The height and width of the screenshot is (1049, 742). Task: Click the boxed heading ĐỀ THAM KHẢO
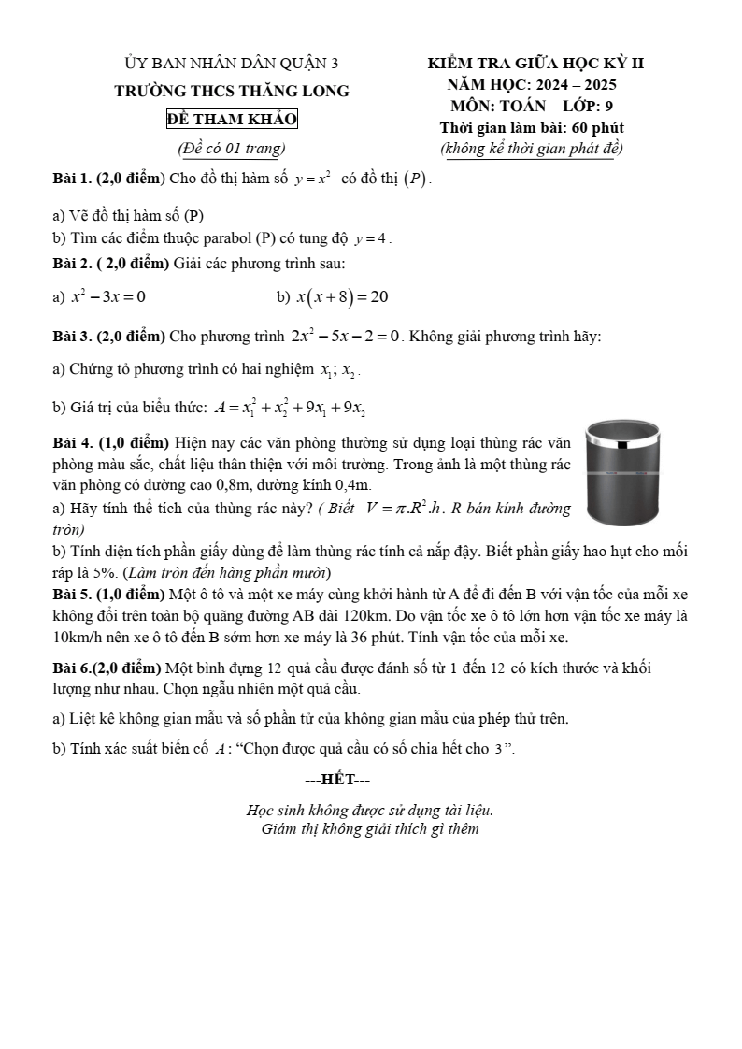(x=232, y=120)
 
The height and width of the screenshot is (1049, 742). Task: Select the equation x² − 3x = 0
(x=107, y=297)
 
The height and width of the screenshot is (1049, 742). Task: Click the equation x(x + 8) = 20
(x=342, y=297)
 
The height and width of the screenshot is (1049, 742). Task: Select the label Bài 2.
(x=73, y=264)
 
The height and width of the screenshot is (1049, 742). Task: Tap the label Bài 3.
(x=73, y=336)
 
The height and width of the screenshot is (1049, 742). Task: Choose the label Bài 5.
(x=73, y=594)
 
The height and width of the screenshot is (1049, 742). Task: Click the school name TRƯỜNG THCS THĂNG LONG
(x=232, y=92)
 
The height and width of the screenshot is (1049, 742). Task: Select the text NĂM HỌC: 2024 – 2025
(x=532, y=85)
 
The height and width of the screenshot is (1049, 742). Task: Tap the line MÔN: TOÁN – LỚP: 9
(x=532, y=106)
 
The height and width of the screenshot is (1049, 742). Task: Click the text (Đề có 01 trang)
(x=232, y=148)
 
